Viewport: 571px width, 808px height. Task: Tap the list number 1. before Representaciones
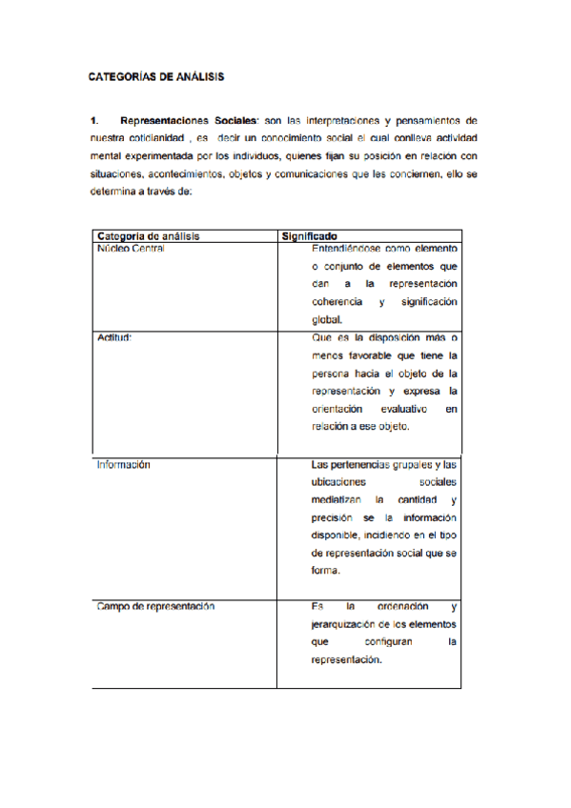coord(94,121)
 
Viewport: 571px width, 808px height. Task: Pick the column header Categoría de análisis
coord(148,236)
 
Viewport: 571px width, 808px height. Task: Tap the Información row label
coord(124,466)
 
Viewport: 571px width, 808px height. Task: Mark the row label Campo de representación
coord(154,606)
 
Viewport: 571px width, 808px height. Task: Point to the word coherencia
coord(336,302)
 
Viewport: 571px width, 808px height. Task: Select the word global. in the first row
coord(326,320)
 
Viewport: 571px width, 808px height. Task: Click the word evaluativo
coord(398,408)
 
